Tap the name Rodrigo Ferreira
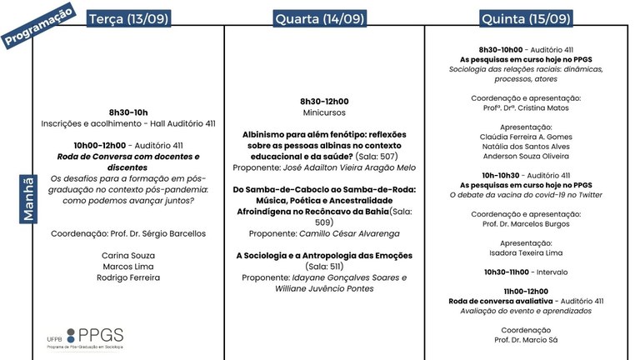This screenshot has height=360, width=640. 128,277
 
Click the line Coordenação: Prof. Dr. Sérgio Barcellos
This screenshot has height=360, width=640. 128,232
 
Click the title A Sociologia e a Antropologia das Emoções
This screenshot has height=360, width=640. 324,255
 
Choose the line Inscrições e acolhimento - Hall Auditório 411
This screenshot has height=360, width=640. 128,124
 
